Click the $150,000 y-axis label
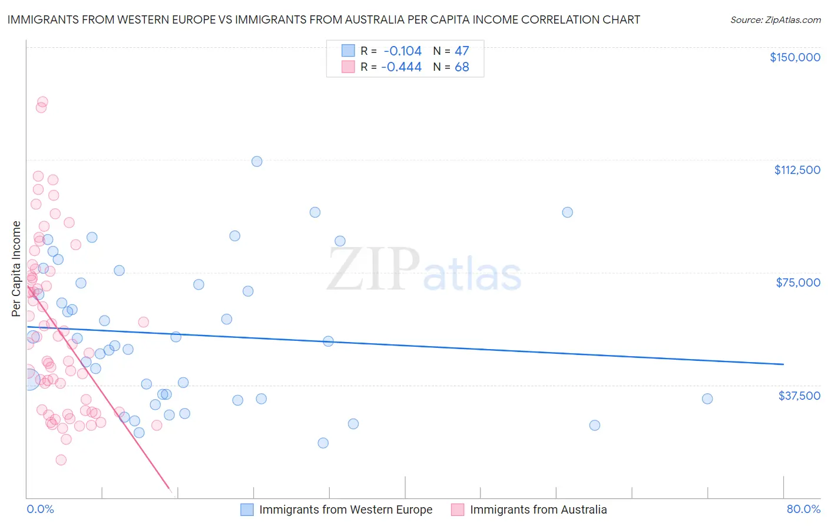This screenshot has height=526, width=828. pyautogui.click(x=794, y=57)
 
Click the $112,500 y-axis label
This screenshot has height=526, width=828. pyautogui.click(x=797, y=170)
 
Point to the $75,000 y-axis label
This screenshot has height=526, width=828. pyautogui.click(x=798, y=282)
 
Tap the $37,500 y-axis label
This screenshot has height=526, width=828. pyautogui.click(x=799, y=396)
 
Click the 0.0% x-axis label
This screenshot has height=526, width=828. pyautogui.click(x=40, y=509)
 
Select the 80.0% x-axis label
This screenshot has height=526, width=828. pyautogui.click(x=803, y=509)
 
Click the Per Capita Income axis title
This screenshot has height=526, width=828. pyautogui.click(x=16, y=268)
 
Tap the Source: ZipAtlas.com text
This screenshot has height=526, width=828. pyautogui.click(x=775, y=19)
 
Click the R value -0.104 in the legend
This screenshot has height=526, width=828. pyautogui.click(x=402, y=51)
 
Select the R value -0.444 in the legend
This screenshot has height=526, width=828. pyautogui.click(x=401, y=67)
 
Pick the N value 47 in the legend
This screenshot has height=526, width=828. pyautogui.click(x=462, y=51)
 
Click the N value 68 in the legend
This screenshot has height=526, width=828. pyautogui.click(x=462, y=67)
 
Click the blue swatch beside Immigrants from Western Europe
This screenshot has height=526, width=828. pyautogui.click(x=247, y=509)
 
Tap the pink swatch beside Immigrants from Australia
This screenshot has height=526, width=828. pyautogui.click(x=458, y=509)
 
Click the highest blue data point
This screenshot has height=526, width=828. pyautogui.click(x=257, y=162)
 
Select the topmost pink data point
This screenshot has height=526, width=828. pyautogui.click(x=42, y=102)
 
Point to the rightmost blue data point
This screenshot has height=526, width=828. pyautogui.click(x=707, y=399)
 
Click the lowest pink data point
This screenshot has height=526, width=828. pyautogui.click(x=61, y=460)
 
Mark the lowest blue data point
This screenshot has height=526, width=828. pyautogui.click(x=323, y=443)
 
